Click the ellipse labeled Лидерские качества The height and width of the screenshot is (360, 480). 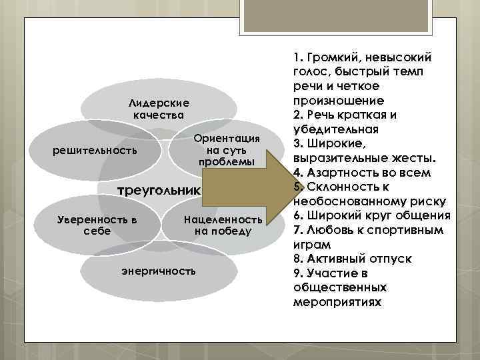[x=159, y=109]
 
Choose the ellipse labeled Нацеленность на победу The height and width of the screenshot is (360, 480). [x=223, y=225]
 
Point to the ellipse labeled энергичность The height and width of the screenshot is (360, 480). [x=159, y=271]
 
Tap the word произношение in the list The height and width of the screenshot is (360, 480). [x=337, y=101]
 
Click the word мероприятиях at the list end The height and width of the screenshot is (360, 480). [x=337, y=301]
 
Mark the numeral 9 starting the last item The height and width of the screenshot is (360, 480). [x=296, y=273]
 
